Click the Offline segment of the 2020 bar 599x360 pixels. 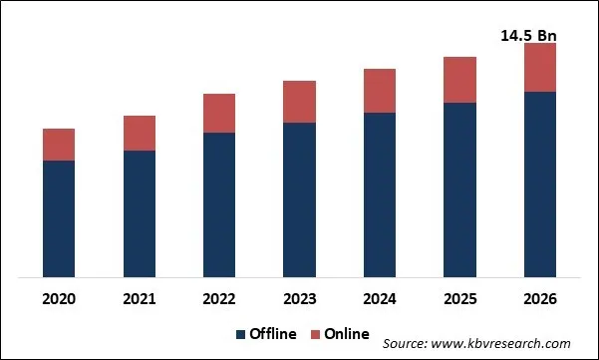click(x=59, y=218)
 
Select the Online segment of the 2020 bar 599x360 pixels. click(x=59, y=145)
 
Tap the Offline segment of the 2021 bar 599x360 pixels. click(x=140, y=213)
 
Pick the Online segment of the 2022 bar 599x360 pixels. click(x=219, y=114)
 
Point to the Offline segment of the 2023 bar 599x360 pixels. click(x=299, y=199)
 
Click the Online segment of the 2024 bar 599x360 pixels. click(x=380, y=91)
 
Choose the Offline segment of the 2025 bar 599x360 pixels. click(x=459, y=189)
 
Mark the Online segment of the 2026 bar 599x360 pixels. click(x=539, y=68)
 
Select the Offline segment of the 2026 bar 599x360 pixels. click(x=539, y=184)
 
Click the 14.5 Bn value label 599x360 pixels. click(x=528, y=36)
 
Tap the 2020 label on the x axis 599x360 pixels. click(x=59, y=298)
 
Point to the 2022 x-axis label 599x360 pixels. click(x=219, y=298)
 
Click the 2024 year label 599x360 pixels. click(x=380, y=298)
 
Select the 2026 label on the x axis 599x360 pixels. click(x=539, y=298)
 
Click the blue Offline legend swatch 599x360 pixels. click(x=241, y=333)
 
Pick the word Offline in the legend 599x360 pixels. click(x=273, y=333)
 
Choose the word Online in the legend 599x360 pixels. click(x=345, y=333)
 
